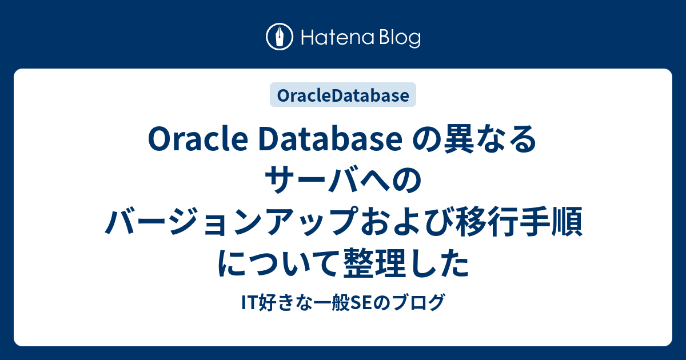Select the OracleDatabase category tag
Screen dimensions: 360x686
(x=343, y=95)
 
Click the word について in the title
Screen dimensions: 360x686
(x=278, y=264)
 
